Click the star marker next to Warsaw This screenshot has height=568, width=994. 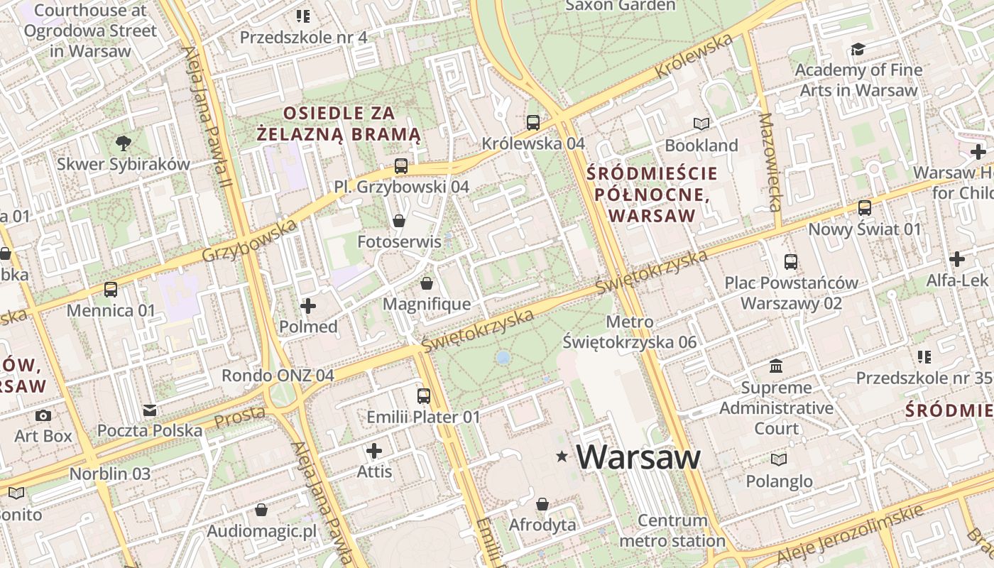pyautogui.click(x=562, y=457)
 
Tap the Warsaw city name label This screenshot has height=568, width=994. pyautogui.click(x=638, y=457)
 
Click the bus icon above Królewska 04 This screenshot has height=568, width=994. pyautogui.click(x=533, y=123)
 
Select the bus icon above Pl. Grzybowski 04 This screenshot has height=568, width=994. pyautogui.click(x=401, y=166)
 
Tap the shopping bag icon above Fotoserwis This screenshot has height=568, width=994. pyautogui.click(x=399, y=221)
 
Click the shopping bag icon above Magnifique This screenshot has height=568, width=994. pyautogui.click(x=427, y=283)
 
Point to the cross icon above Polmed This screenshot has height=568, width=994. pyautogui.click(x=308, y=306)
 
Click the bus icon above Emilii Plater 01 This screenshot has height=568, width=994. pyautogui.click(x=424, y=396)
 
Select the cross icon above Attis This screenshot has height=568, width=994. pyautogui.click(x=374, y=451)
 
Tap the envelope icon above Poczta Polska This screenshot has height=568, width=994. pyautogui.click(x=150, y=410)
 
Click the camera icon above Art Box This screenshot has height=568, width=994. pyautogui.click(x=43, y=415)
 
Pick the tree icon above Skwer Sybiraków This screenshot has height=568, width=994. pyautogui.click(x=124, y=143)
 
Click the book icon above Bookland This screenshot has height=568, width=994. pyautogui.click(x=701, y=124)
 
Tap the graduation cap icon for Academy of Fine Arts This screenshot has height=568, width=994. pyautogui.click(x=858, y=49)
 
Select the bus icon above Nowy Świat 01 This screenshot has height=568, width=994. pyautogui.click(x=865, y=208)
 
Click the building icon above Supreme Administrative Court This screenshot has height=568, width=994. pyautogui.click(x=776, y=366)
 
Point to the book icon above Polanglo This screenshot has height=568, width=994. pyautogui.click(x=779, y=460)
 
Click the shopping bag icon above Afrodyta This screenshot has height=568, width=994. pyautogui.click(x=542, y=504)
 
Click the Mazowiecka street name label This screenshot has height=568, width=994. pyautogui.click(x=769, y=162)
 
